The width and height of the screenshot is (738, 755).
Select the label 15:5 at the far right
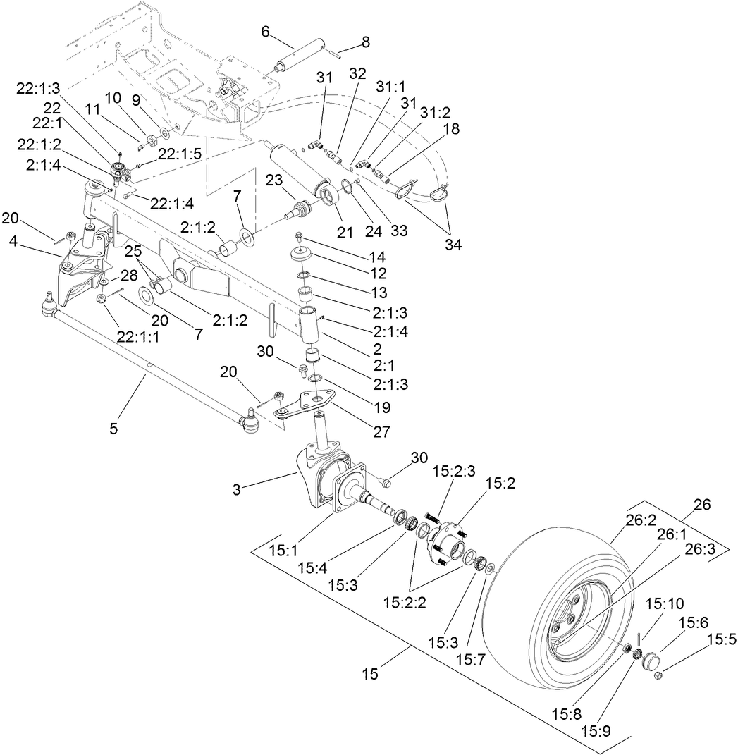pos(720,639)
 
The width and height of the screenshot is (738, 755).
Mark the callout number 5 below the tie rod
pos(114,427)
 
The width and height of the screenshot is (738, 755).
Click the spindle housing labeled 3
pos(317,479)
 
